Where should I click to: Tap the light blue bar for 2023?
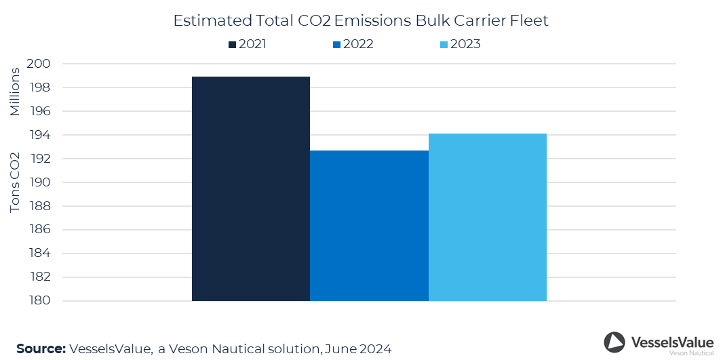tap(487, 217)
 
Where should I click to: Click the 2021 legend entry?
tap(248, 44)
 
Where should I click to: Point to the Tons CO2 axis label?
tap(15, 183)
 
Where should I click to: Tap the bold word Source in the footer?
tap(41, 348)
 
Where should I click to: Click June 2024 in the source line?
tap(357, 348)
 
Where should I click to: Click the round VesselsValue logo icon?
tap(615, 342)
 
